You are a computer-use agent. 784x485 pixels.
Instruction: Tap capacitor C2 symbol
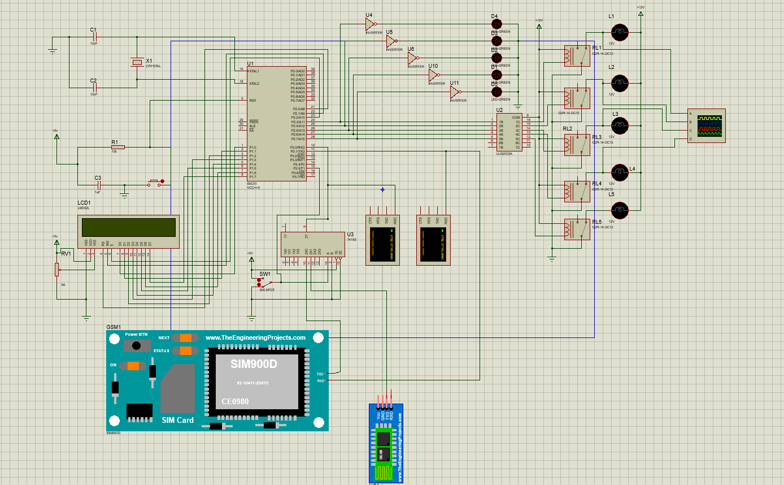point(94,88)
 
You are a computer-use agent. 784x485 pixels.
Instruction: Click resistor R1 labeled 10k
point(117,147)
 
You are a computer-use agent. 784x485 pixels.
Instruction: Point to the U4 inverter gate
point(371,24)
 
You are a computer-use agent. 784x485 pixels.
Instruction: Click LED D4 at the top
point(496,24)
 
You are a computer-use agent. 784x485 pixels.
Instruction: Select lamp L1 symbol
point(620,32)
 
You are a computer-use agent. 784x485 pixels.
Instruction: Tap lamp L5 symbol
point(620,210)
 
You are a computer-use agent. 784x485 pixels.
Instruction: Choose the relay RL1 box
point(577,56)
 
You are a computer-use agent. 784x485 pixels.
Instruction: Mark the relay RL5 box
point(577,229)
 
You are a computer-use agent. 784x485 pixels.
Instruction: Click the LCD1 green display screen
point(128,227)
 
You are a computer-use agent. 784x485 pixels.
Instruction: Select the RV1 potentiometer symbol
point(56,270)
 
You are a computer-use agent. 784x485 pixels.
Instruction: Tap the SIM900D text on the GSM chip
point(254,365)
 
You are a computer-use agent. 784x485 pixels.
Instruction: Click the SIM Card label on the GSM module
point(177,420)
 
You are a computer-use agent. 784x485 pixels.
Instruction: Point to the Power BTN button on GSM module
point(136,345)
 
